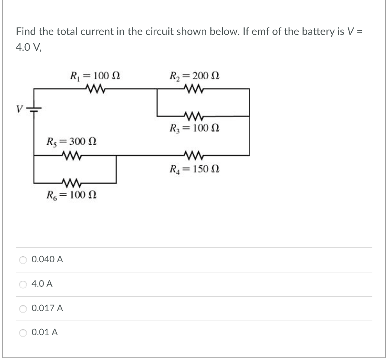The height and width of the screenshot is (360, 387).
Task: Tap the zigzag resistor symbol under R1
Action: point(94,89)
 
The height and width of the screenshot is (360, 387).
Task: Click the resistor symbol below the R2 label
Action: point(194,89)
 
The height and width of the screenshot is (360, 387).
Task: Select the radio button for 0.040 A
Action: point(23,259)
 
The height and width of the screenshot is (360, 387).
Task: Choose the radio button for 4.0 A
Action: point(23,284)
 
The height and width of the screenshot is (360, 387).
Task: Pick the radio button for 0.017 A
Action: point(23,309)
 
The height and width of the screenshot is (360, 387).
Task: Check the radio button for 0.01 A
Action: point(23,333)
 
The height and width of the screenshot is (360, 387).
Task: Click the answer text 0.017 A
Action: point(48,309)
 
